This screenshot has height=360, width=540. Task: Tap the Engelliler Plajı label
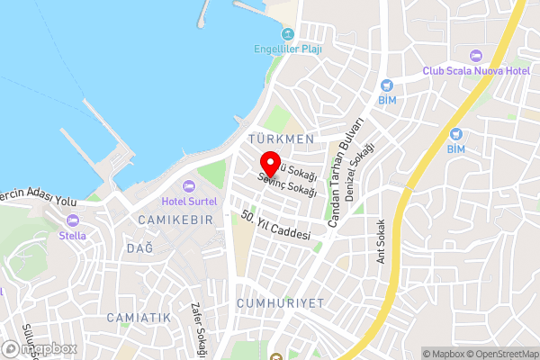pyautogui.click(x=287, y=49)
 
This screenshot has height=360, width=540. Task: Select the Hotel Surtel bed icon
pyautogui.click(x=188, y=185)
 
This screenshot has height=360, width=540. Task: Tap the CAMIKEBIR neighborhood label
pyautogui.click(x=175, y=220)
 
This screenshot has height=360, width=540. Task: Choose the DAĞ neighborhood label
pyautogui.click(x=139, y=247)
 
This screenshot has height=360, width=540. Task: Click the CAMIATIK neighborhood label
pyautogui.click(x=138, y=318)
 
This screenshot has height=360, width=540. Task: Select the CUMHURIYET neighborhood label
pyautogui.click(x=280, y=303)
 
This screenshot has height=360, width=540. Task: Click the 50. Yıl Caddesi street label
pyautogui.click(x=275, y=225)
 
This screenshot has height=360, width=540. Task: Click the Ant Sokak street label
pyautogui.click(x=382, y=240)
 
